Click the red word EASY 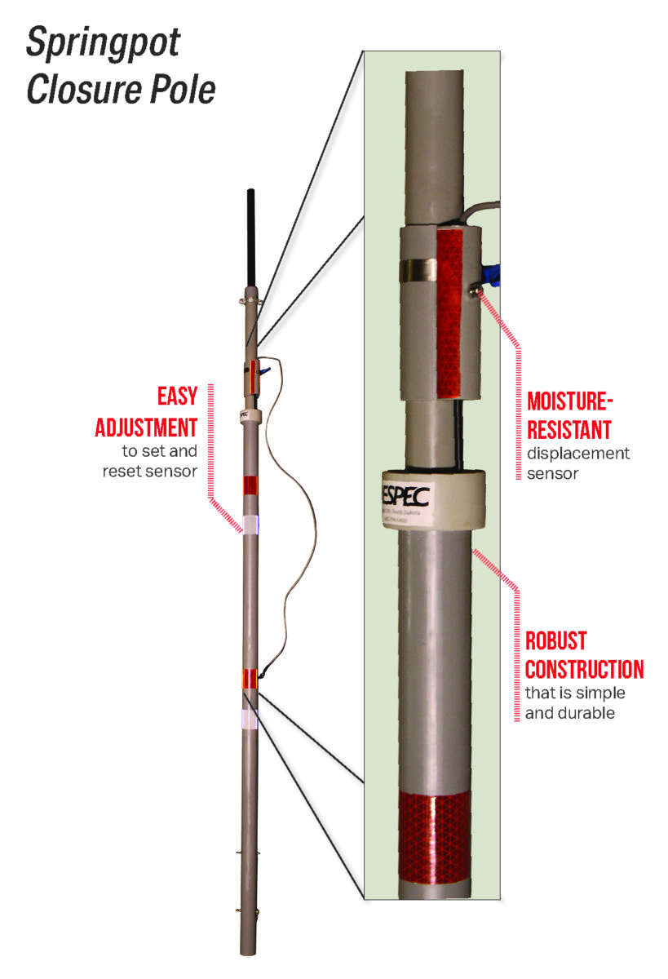click(x=177, y=396)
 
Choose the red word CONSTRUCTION click(x=584, y=669)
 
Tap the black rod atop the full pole click(x=250, y=237)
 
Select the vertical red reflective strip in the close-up click(x=449, y=310)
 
